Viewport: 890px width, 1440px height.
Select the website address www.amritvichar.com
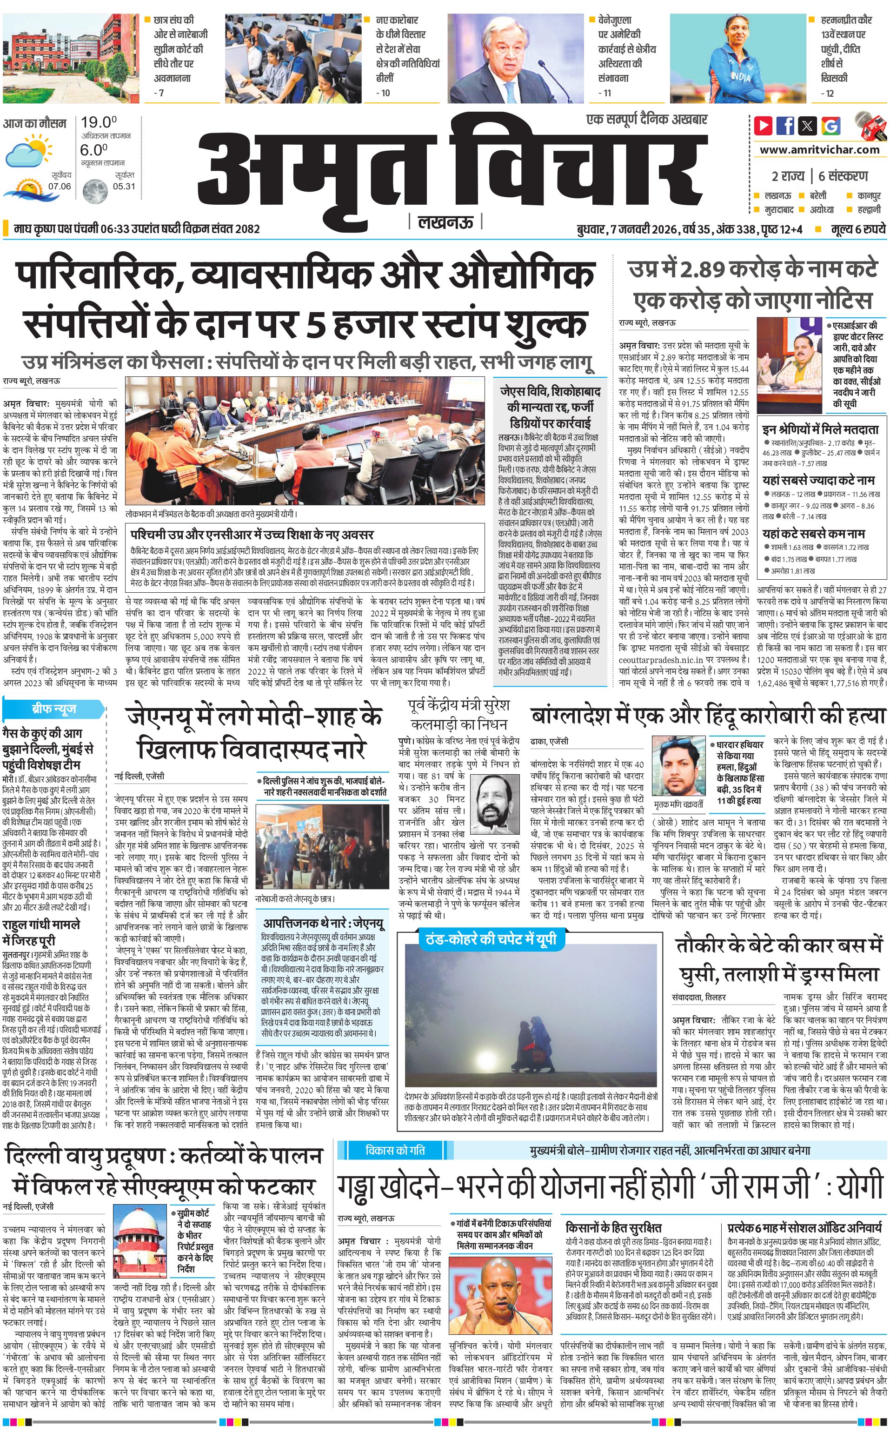819,150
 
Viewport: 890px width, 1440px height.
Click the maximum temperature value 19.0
98,122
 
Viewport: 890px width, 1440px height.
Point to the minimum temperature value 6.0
93,150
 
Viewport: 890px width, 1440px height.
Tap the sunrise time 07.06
60,186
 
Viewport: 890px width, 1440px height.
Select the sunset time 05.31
124,186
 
